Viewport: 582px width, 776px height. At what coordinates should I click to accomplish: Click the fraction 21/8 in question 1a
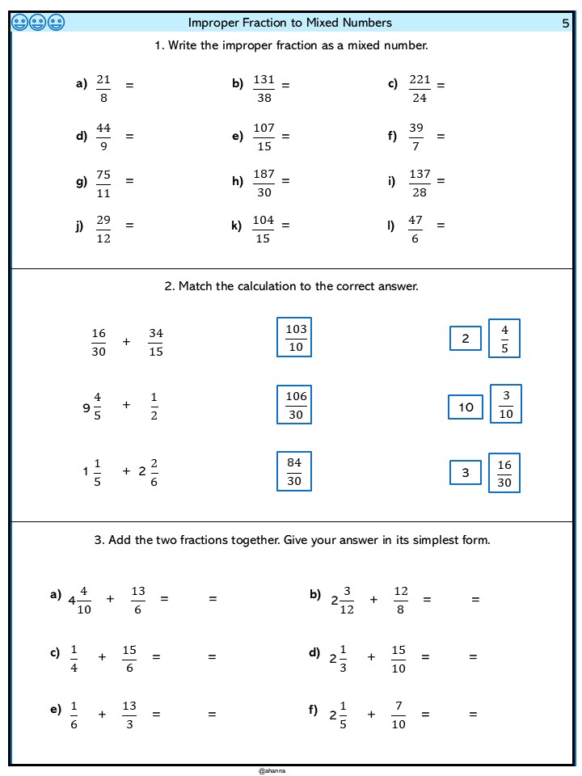point(103,88)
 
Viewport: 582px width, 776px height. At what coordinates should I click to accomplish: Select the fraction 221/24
point(420,88)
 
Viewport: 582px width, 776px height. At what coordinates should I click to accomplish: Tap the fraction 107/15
point(264,137)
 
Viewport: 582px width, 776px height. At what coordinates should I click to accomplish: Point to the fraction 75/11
point(103,183)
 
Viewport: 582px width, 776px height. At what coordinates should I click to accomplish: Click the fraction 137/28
point(420,183)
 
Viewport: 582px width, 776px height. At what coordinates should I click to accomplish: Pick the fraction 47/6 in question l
point(415,229)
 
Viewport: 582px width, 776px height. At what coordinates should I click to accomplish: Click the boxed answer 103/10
point(294,338)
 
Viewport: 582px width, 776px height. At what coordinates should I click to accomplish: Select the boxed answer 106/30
point(294,404)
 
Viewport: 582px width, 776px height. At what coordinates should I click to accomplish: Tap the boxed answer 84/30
point(294,471)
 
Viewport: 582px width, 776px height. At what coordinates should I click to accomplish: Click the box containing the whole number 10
point(466,407)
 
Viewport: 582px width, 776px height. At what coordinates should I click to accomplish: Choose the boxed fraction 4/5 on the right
point(504,339)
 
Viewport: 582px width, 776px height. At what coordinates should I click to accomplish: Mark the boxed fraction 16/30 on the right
point(504,474)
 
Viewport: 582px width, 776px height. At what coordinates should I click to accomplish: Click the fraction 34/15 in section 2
point(156,342)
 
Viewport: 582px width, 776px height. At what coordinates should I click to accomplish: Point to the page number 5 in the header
point(566,23)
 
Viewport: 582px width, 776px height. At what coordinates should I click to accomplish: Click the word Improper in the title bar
point(213,23)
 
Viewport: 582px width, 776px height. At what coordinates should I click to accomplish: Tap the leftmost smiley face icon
point(20,23)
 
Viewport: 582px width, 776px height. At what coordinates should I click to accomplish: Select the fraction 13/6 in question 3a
point(137,600)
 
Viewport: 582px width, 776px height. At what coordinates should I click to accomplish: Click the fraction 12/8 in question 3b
point(401,600)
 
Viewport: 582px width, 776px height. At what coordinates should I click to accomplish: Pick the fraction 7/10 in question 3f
point(399,715)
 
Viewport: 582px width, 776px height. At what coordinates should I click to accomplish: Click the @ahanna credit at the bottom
point(272,771)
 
